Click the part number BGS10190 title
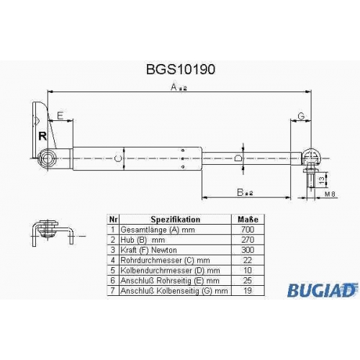point(181,69)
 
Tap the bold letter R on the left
point(42,136)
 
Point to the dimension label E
point(60,116)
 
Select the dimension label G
point(301,116)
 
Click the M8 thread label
point(330,194)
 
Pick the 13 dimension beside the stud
point(322,179)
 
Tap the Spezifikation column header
point(175,220)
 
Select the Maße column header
point(248,220)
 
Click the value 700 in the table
point(248,230)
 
